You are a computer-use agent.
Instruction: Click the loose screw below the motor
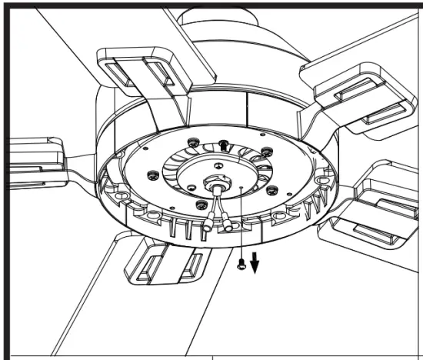[243, 265]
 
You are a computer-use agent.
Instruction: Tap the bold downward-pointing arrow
[255, 264]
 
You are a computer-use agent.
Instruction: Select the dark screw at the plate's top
[223, 144]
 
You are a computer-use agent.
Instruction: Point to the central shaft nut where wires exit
[212, 185]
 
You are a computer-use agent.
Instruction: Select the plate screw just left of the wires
[202, 204]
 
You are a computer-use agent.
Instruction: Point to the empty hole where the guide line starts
[241, 186]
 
